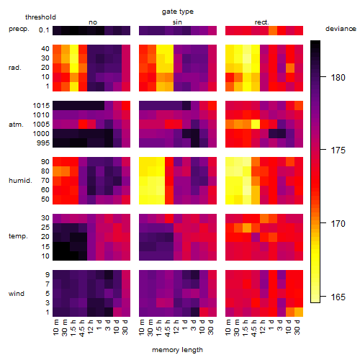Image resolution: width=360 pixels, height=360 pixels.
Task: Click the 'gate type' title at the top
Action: [178, 12]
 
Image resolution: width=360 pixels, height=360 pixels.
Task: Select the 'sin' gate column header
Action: [177, 22]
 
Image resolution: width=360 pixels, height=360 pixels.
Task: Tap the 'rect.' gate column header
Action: [261, 22]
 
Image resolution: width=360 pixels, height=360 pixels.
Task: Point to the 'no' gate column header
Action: [93, 22]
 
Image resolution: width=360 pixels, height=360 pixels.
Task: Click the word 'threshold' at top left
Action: [40, 17]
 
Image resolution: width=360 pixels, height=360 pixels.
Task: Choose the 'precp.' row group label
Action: [19, 29]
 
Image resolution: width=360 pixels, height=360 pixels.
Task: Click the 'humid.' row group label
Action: [20, 181]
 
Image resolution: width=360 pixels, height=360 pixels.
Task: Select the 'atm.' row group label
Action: [16, 125]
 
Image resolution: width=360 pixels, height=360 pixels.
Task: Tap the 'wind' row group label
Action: [17, 294]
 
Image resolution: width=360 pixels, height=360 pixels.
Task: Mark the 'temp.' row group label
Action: [18, 236]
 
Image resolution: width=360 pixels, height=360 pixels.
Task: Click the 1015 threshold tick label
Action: [41, 106]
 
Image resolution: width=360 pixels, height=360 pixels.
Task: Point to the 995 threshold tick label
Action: [43, 143]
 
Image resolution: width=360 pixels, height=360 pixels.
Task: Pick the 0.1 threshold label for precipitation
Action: [44, 30]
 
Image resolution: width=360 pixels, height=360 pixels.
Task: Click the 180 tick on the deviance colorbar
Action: [338, 78]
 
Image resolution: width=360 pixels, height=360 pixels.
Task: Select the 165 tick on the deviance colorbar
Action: [338, 297]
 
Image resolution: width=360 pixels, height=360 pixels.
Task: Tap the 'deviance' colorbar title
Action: [341, 29]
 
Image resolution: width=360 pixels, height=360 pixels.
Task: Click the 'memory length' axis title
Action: [177, 350]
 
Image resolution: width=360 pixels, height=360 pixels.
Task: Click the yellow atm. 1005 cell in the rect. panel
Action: [256, 125]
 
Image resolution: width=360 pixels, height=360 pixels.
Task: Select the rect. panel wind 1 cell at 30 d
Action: [299, 312]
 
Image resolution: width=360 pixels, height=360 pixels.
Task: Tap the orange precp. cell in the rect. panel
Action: [273, 30]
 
